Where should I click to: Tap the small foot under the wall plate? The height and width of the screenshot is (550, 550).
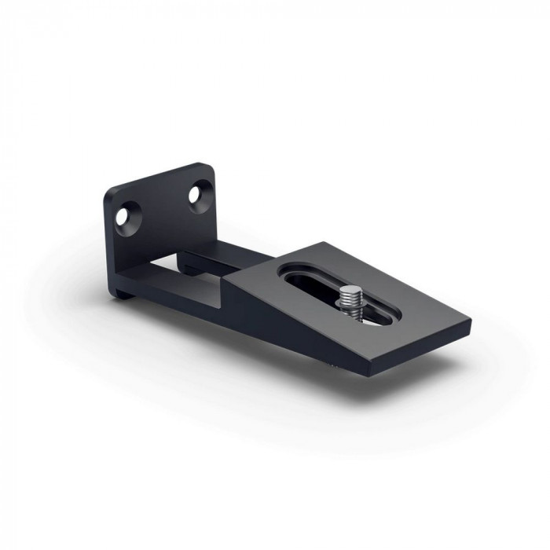pos(126,295)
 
